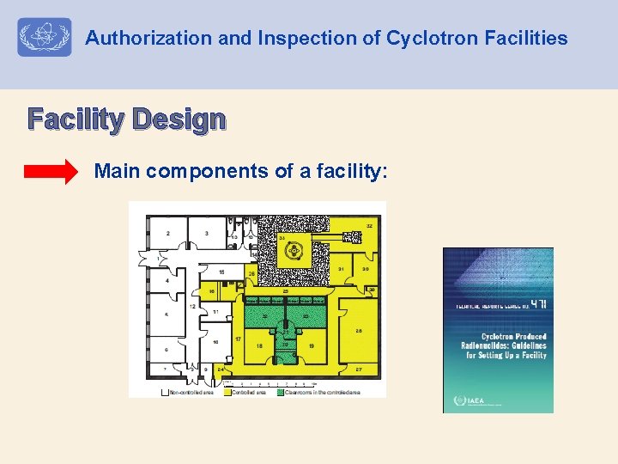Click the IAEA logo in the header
[45, 38]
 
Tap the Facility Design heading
[127, 119]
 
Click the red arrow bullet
[51, 172]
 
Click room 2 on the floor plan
[168, 233]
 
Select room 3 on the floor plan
[207, 233]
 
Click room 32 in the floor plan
[368, 226]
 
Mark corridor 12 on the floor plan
[192, 306]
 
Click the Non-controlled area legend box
[165, 393]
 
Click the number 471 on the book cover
[537, 305]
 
